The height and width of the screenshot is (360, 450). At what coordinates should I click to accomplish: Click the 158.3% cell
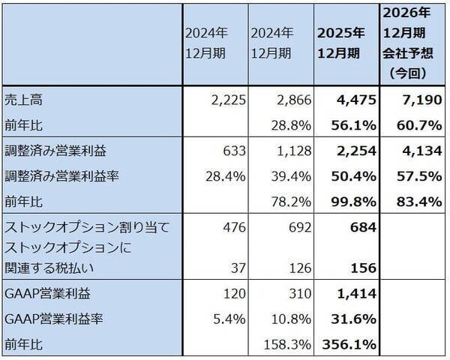[286, 344]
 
